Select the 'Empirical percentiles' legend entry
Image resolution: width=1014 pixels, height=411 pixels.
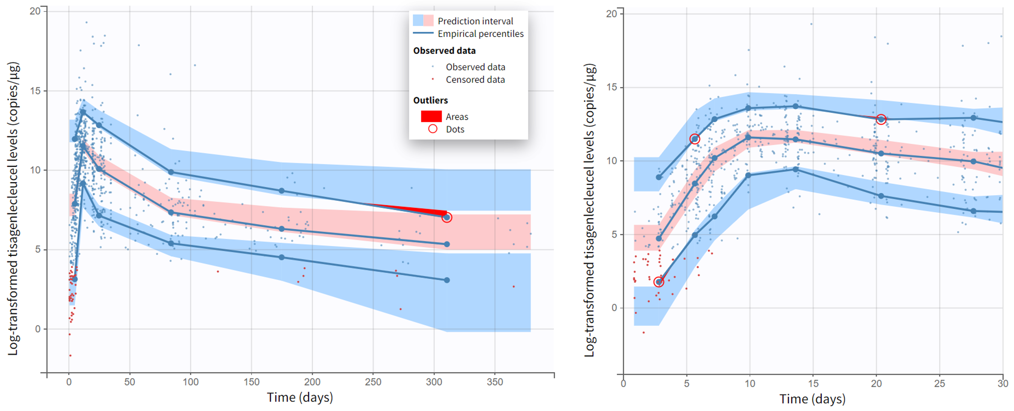480,34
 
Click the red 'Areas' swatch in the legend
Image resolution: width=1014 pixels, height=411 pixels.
431,117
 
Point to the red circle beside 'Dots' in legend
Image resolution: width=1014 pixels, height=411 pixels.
433,129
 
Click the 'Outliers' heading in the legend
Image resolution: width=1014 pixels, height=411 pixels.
430,100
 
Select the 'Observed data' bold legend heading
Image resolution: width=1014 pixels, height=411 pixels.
444,51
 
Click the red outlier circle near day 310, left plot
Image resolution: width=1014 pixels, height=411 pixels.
447,217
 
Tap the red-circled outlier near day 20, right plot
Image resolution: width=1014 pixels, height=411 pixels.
881,119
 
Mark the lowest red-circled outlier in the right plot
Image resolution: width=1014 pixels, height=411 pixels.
658,282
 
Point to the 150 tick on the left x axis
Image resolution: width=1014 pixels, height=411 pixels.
251,382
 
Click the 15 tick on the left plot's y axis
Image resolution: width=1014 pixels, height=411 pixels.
36,91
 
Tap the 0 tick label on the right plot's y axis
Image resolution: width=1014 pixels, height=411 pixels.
614,308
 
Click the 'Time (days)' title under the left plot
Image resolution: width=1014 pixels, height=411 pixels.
300,397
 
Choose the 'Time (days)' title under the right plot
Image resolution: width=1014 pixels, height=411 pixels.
812,399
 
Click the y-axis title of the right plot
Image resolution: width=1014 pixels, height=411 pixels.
589,210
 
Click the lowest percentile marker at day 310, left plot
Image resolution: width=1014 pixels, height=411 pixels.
447,280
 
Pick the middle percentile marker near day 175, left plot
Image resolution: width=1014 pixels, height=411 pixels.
282,229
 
